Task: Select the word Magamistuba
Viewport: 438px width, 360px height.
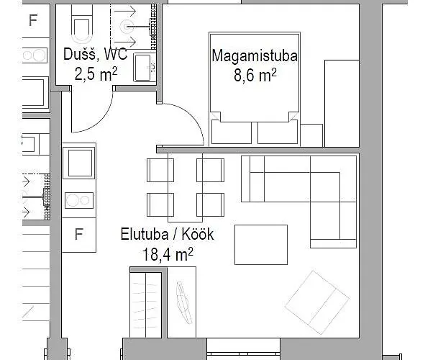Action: tap(245, 55)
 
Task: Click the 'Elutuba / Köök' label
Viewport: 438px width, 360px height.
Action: tap(167, 235)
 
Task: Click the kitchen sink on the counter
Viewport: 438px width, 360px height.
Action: tap(79, 163)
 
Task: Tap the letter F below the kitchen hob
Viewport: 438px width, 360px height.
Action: tap(79, 234)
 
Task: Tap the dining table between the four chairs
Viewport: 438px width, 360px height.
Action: tap(186, 186)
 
